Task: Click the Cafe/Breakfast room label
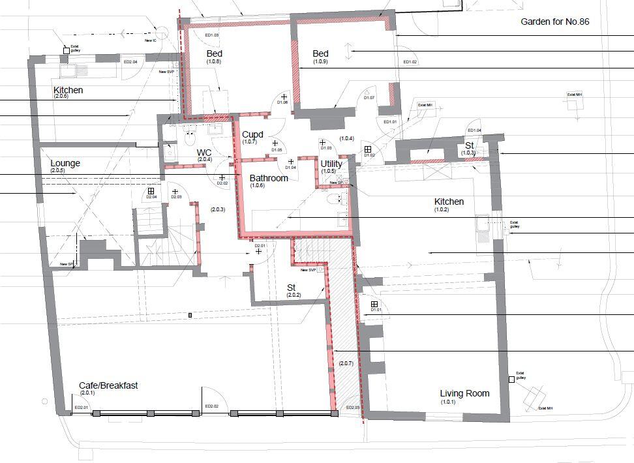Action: pyautogui.click(x=108, y=385)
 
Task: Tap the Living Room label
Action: pyautogui.click(x=464, y=393)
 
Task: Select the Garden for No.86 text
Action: pyautogui.click(x=554, y=22)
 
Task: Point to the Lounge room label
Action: pyautogui.click(x=65, y=163)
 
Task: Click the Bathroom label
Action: pyautogui.click(x=269, y=178)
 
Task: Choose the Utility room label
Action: pyautogui.click(x=331, y=164)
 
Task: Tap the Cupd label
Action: pyautogui.click(x=252, y=134)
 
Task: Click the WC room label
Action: pyautogui.click(x=204, y=153)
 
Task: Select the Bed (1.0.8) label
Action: pyautogui.click(x=214, y=53)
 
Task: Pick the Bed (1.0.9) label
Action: pyautogui.click(x=320, y=53)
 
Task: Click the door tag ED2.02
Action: pyautogui.click(x=212, y=407)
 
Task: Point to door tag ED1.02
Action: pyautogui.click(x=410, y=62)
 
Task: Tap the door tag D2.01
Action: pyautogui.click(x=260, y=246)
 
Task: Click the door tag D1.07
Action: pyautogui.click(x=369, y=98)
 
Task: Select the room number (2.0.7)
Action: pyautogui.click(x=346, y=363)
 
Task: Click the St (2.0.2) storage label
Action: pyautogui.click(x=292, y=287)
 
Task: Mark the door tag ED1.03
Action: pyautogui.click(x=211, y=35)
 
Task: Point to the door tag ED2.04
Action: pyautogui.click(x=130, y=61)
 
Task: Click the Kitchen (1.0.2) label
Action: pyautogui.click(x=449, y=202)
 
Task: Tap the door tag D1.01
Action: pyautogui.click(x=375, y=310)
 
